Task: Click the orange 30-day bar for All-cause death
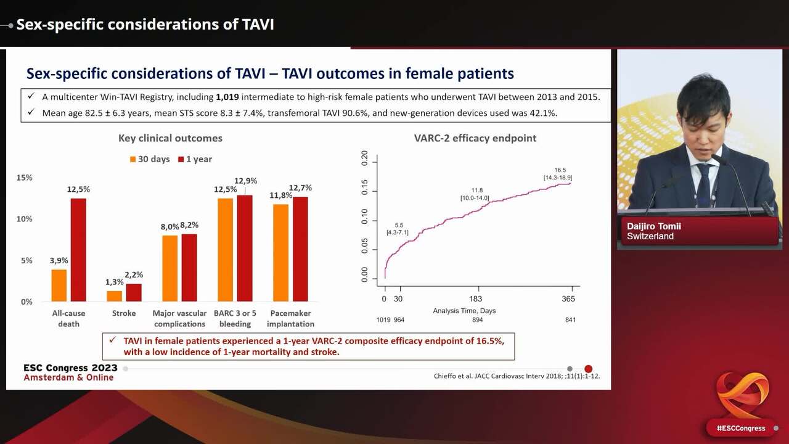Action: tap(59, 286)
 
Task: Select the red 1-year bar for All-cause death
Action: tap(78, 250)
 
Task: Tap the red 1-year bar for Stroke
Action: tap(134, 292)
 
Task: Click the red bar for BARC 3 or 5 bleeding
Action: tap(245, 249)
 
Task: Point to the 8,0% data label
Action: tap(170, 227)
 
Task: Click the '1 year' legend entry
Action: tap(195, 159)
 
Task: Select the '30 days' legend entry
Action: tap(149, 159)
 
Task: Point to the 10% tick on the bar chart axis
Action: tap(25, 219)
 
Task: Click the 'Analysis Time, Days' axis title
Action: tap(464, 311)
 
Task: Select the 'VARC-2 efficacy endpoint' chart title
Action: tap(475, 138)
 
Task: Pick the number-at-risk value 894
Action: tap(477, 320)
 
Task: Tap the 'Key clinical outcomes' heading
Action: tap(170, 138)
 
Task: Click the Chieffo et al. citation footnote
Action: tap(517, 376)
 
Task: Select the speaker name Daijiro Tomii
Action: tap(654, 226)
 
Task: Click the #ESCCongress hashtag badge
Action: tap(740, 428)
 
